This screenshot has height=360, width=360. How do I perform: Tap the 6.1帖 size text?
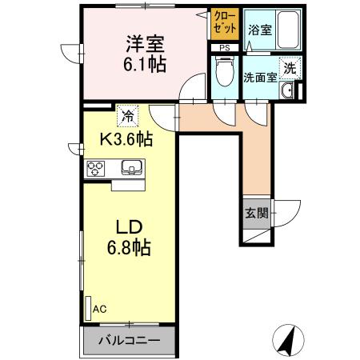pos(145,64)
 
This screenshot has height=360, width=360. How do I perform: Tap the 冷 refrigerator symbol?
pos(126,115)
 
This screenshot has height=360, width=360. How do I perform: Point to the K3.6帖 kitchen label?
pos(126,138)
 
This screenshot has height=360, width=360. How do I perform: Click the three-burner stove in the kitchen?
pos(97,168)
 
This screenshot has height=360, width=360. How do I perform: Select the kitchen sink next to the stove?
pos(131,168)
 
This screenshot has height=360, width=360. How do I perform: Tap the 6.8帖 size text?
pos(129,248)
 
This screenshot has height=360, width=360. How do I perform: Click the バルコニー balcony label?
pos(128,339)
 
